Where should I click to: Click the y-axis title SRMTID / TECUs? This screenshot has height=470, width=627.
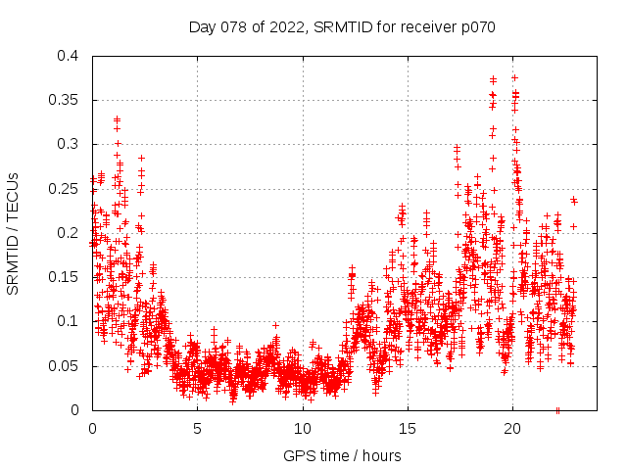(x=13, y=233)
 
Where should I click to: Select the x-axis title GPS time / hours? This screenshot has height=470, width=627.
(x=342, y=455)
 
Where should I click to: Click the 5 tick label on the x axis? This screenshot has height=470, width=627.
(x=197, y=428)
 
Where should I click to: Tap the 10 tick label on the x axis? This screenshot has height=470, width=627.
(x=303, y=428)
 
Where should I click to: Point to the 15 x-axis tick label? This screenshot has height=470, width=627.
(x=408, y=428)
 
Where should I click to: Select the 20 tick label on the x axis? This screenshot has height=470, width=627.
(x=512, y=428)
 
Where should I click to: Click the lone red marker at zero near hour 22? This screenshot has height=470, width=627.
(x=557, y=410)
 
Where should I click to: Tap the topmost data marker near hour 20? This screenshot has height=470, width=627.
(x=514, y=77)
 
